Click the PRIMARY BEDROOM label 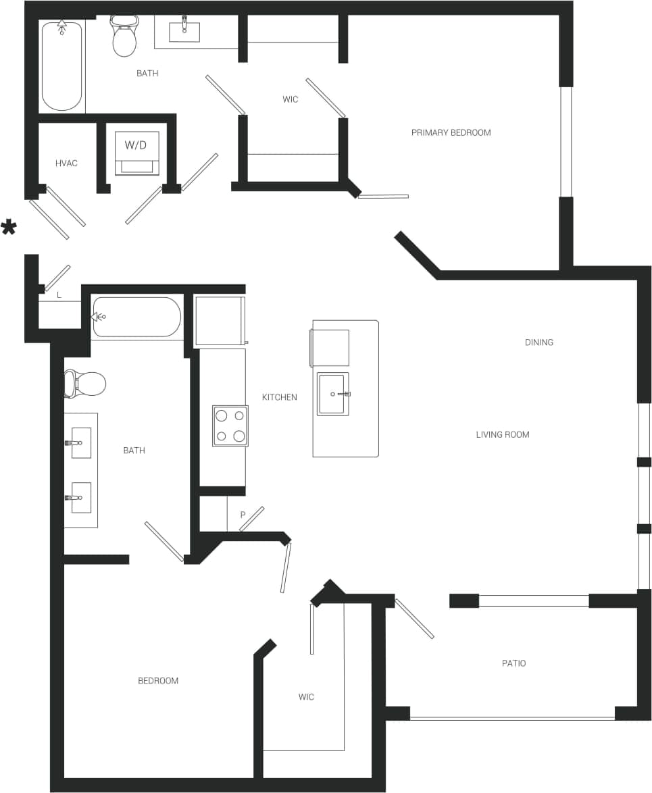pyautogui.click(x=451, y=132)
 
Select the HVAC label pyautogui.click(x=66, y=163)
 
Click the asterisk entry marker pyautogui.click(x=9, y=228)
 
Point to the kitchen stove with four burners pyautogui.click(x=230, y=426)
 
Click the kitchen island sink pyautogui.click(x=333, y=394)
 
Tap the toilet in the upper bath pyautogui.click(x=124, y=38)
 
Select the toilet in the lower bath pyautogui.click(x=86, y=384)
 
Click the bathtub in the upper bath pyautogui.click(x=62, y=66)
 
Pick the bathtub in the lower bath pyautogui.click(x=137, y=317)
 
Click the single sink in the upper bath pyautogui.click(x=184, y=30)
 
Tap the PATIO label pyautogui.click(x=513, y=663)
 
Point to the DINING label pyautogui.click(x=538, y=342)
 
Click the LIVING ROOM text pyautogui.click(x=502, y=434)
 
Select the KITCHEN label pyautogui.click(x=279, y=397)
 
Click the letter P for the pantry pyautogui.click(x=243, y=515)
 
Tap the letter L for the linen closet pyautogui.click(x=59, y=295)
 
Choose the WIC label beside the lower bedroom pyautogui.click(x=305, y=696)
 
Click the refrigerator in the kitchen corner pyautogui.click(x=219, y=321)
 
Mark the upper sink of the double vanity pyautogui.click(x=81, y=442)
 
